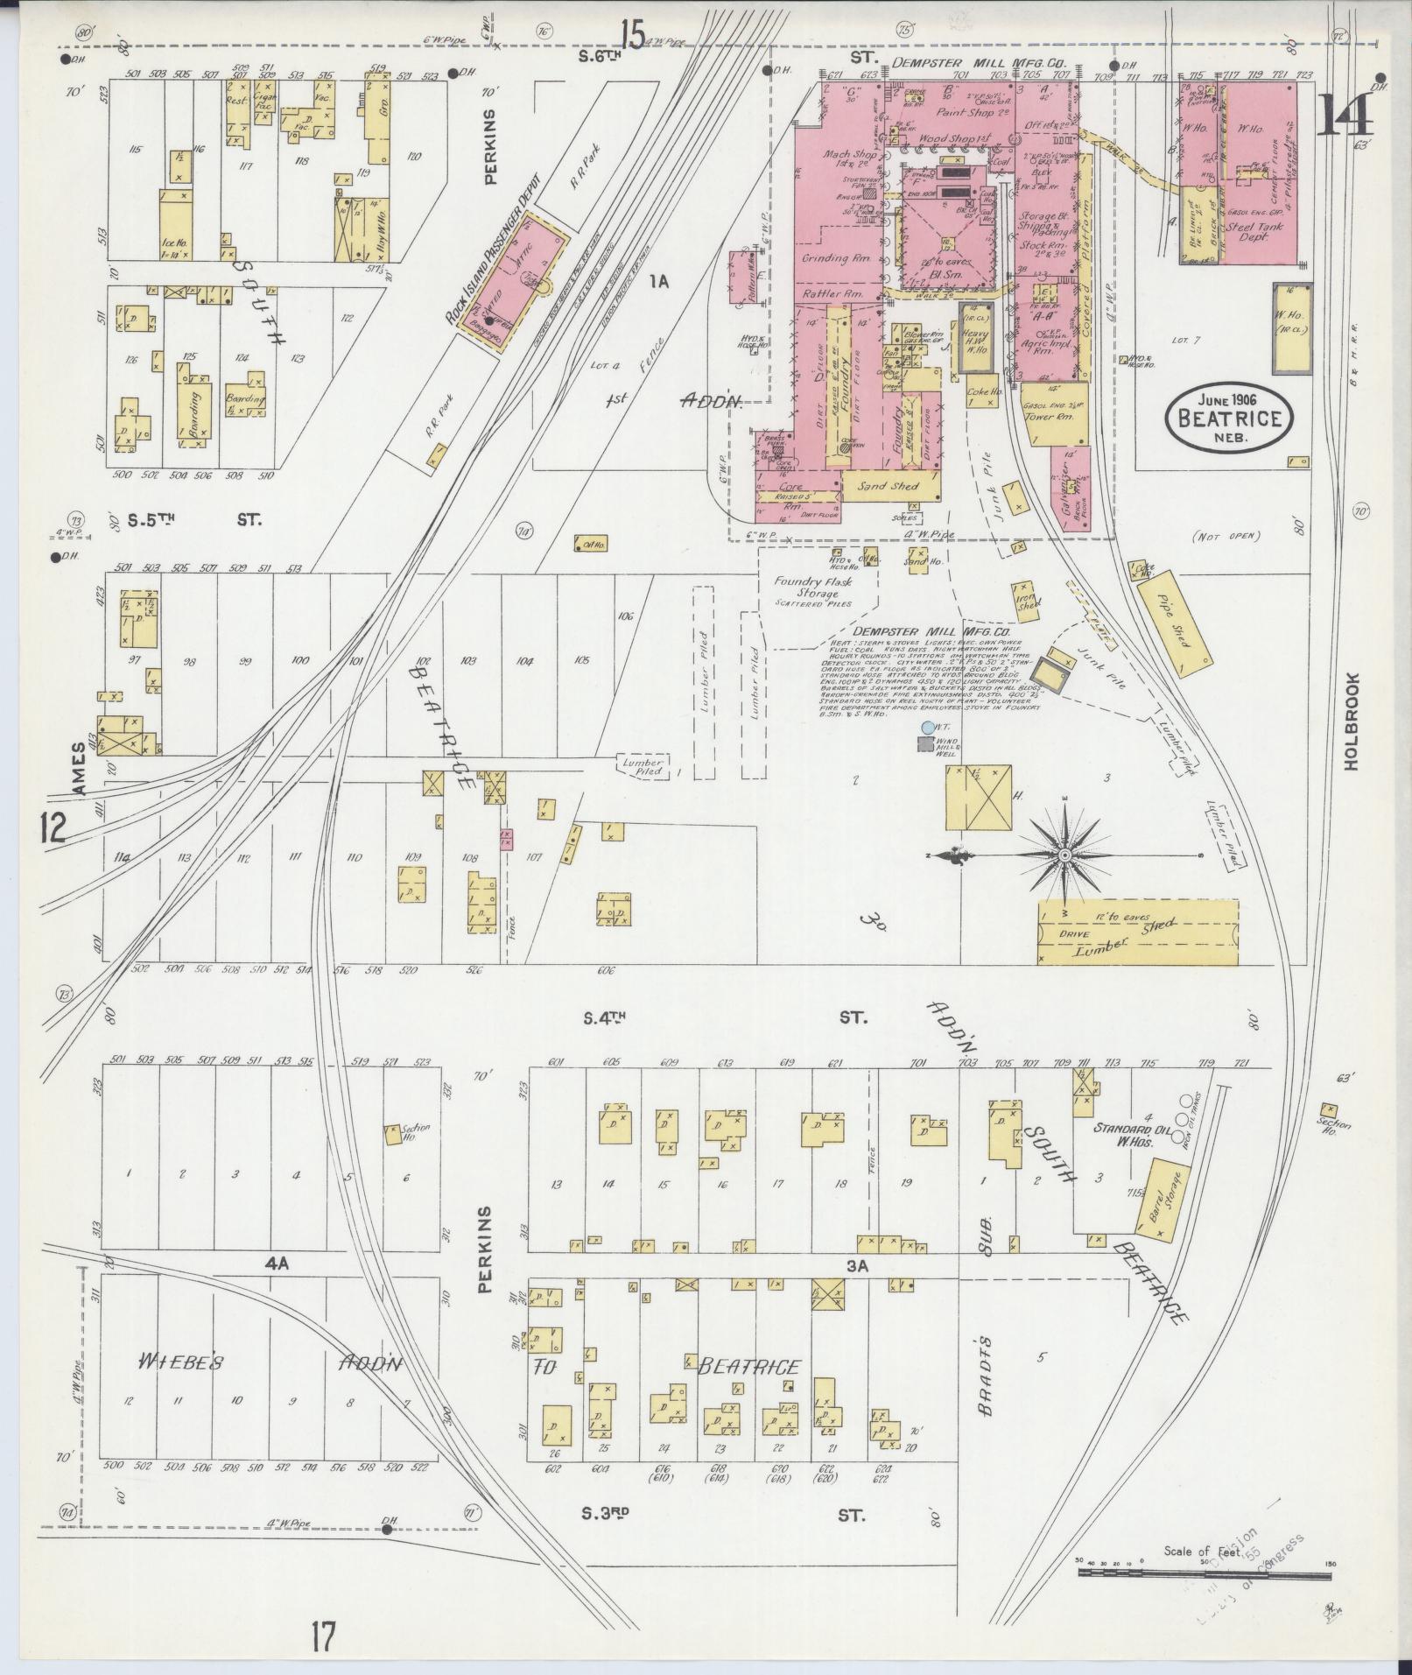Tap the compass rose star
1064,855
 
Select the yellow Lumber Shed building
1138,932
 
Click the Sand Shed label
885,485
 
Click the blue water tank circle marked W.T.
927,728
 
